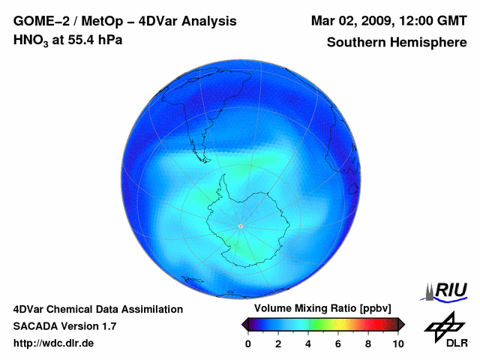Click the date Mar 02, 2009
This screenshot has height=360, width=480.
pyautogui.click(x=350, y=21)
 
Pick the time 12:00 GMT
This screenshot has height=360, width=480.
pyautogui.click(x=433, y=21)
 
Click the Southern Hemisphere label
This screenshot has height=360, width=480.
pyautogui.click(x=397, y=43)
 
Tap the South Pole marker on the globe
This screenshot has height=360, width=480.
pyautogui.click(x=240, y=226)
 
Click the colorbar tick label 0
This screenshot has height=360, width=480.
pyautogui.click(x=248, y=343)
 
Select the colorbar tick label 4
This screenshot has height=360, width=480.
pyautogui.click(x=308, y=343)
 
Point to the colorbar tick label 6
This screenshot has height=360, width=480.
pyautogui.click(x=338, y=343)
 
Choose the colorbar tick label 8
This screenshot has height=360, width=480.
pyautogui.click(x=368, y=343)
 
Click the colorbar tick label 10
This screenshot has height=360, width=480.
pyautogui.click(x=397, y=343)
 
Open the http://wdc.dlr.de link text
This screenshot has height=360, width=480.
pyautogui.click(x=54, y=343)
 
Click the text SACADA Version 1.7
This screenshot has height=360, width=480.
pyautogui.click(x=64, y=326)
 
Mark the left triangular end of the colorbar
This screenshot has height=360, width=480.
pyautogui.click(x=245, y=324)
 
